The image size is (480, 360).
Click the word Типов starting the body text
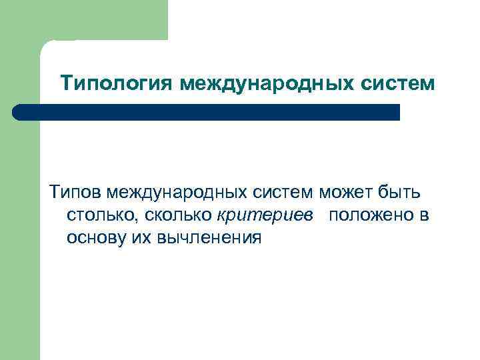pos(71,194)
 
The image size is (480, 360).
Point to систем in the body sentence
pos(283,194)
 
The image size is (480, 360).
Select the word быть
pos(399,194)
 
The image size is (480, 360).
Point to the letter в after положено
pos(423,217)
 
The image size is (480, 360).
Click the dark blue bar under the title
pos(207,112)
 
